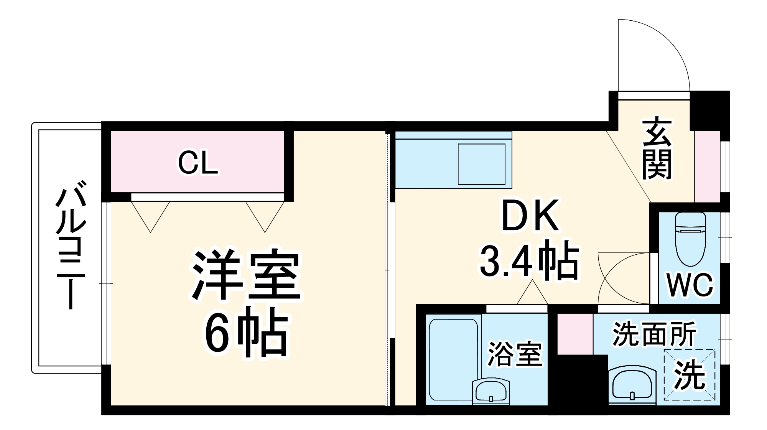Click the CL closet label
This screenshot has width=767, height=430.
[x=198, y=163]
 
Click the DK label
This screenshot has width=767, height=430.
[x=530, y=216]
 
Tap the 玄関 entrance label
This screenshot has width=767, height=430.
[x=657, y=150]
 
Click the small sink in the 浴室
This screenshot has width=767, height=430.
[x=491, y=391]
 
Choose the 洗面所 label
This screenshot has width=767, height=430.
[x=654, y=334]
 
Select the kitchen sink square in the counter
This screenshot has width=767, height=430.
[x=482, y=163]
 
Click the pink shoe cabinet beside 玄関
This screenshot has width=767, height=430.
[x=708, y=166]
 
